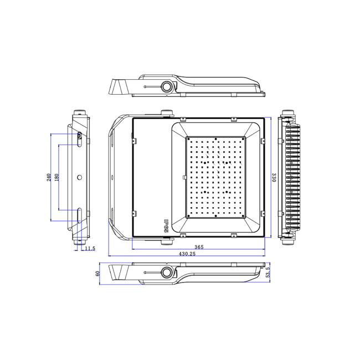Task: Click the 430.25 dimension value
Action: (x=187, y=254)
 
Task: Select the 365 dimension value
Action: (x=199, y=247)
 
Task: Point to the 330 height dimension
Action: (x=274, y=178)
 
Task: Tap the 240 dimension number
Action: (x=49, y=177)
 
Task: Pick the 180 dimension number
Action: (x=56, y=177)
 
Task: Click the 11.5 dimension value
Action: (x=90, y=249)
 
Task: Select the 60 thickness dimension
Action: (x=97, y=274)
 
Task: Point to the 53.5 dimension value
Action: (x=268, y=272)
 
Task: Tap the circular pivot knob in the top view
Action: (x=167, y=87)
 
